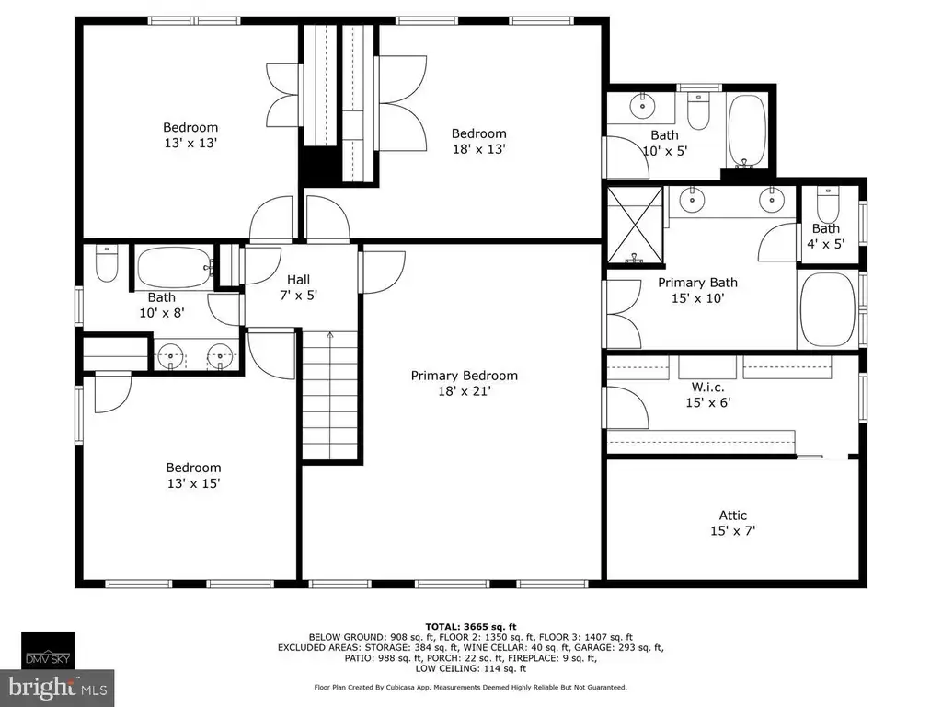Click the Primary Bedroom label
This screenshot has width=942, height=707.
click(x=464, y=383)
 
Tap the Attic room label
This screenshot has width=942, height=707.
click(x=733, y=523)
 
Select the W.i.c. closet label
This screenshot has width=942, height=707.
click(x=707, y=395)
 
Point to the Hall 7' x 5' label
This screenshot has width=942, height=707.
click(x=299, y=287)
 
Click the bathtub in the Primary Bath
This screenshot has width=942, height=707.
click(x=826, y=310)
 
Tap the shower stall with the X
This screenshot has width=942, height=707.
click(x=635, y=225)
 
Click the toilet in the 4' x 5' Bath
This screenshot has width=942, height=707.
click(x=828, y=206)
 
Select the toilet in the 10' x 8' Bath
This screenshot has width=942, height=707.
click(x=107, y=262)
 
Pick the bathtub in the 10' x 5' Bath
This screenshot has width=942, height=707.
click(x=747, y=131)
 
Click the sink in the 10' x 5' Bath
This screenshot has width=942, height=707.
click(x=643, y=107)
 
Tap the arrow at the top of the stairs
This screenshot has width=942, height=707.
click(x=330, y=335)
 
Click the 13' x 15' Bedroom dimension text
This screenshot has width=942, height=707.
click(x=193, y=483)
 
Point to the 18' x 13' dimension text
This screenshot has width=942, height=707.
click(x=478, y=149)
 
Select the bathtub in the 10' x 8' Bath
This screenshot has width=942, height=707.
click(x=174, y=268)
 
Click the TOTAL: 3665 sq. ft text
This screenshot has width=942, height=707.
click(x=471, y=626)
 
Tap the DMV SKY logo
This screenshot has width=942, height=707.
click(x=48, y=651)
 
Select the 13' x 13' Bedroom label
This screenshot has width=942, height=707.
click(x=190, y=135)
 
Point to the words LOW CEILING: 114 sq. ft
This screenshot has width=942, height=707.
click(x=470, y=668)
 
